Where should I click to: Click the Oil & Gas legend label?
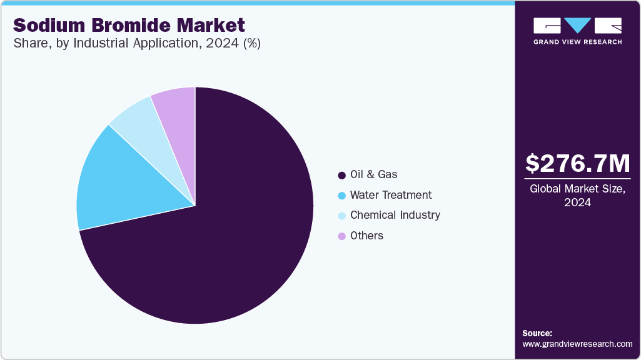point(373,174)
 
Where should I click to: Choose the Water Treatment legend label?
point(390,195)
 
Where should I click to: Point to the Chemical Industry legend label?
point(395,215)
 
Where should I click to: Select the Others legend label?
point(366,236)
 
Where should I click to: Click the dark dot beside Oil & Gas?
point(341,175)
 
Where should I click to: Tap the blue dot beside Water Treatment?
point(341,196)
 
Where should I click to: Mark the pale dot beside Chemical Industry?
point(341,216)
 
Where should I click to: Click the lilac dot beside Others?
point(341,236)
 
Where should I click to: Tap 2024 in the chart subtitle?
point(226,44)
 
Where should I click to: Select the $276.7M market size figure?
point(577,164)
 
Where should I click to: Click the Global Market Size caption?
point(577,189)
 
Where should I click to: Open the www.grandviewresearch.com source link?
point(577,344)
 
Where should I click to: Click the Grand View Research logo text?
point(577,42)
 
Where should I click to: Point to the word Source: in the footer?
point(537,333)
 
